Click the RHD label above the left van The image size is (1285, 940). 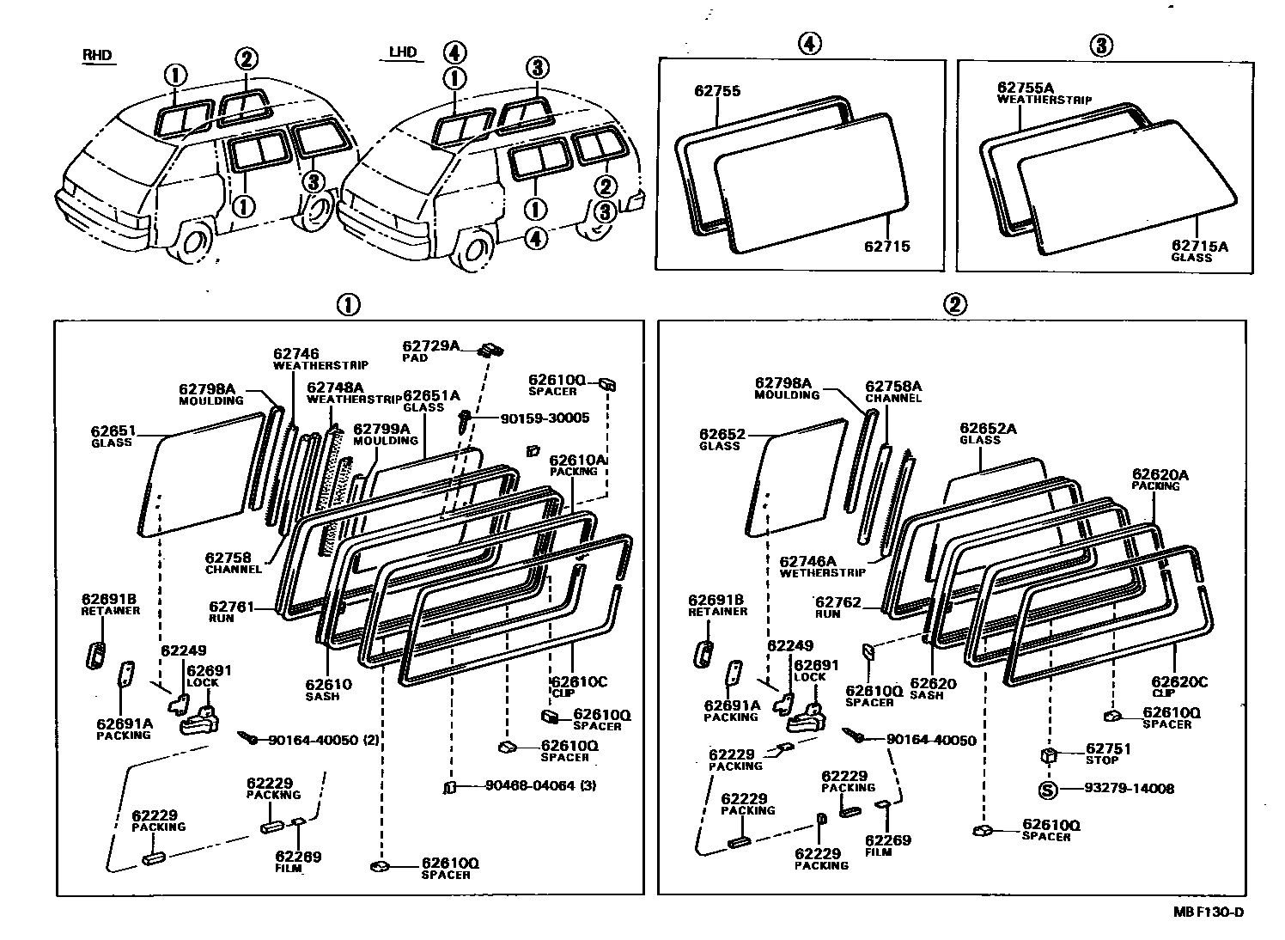(x=97, y=55)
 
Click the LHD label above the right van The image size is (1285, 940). (x=402, y=52)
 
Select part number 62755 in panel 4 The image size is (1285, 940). (x=717, y=91)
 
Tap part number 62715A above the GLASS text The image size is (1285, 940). (x=1200, y=246)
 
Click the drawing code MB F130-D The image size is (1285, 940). (x=1209, y=912)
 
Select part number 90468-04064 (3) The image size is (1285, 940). (x=540, y=785)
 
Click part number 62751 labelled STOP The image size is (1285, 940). (x=1108, y=748)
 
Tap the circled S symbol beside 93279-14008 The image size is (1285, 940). (x=1047, y=789)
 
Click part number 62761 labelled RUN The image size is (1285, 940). (x=231, y=607)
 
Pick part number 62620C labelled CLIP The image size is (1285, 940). (x=1178, y=681)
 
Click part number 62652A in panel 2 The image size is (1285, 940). (x=988, y=428)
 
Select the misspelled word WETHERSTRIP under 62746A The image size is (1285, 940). (x=822, y=572)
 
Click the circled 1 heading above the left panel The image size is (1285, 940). (x=348, y=304)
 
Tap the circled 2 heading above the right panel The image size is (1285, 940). (x=954, y=304)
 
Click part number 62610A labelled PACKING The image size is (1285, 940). (x=577, y=461)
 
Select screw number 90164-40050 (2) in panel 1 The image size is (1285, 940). (x=323, y=740)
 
